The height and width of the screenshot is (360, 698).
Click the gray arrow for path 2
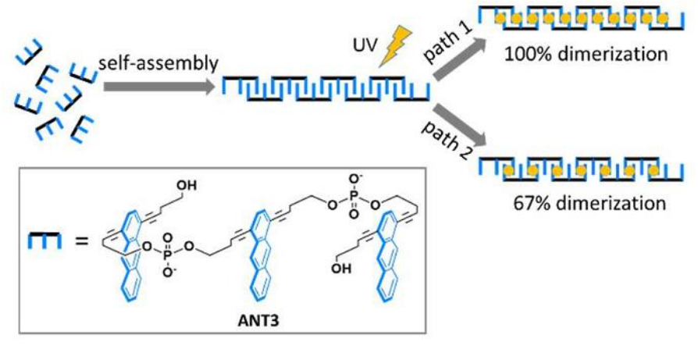pos(460,127)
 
